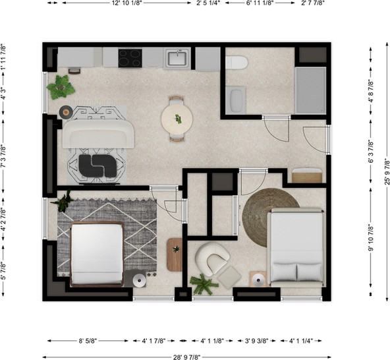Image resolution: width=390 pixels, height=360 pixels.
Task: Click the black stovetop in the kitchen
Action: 130,58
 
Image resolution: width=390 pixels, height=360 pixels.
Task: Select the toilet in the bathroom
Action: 237,62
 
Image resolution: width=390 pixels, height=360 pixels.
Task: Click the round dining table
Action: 177,119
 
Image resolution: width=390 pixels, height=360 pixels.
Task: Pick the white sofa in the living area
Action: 98,135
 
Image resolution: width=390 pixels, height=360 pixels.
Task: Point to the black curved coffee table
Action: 97,165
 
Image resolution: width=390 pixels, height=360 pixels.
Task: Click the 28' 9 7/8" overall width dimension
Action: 186,357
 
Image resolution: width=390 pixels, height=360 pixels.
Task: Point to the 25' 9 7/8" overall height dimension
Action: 387,171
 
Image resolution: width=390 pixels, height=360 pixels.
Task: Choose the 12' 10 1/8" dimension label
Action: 127,3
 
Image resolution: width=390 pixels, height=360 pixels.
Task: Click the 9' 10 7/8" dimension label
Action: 371,237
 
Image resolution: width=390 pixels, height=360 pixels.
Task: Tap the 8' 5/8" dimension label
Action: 88,341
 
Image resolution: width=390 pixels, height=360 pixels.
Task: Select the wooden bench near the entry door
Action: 307,175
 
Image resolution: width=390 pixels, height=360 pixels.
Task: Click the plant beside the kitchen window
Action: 61,87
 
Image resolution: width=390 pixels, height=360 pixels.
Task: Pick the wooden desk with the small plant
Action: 175,255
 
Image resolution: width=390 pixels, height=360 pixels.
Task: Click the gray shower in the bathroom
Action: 310,90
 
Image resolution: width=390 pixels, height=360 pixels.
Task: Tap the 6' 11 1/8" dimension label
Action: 260,3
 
